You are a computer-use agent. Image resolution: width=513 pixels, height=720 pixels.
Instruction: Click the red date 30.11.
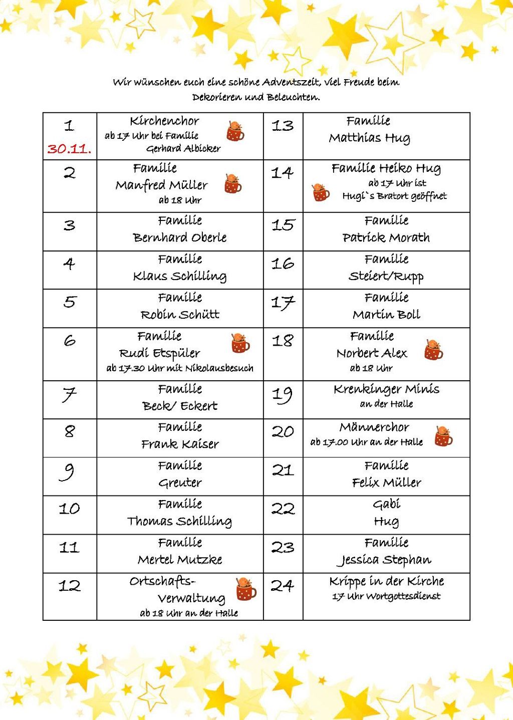coord(69,149)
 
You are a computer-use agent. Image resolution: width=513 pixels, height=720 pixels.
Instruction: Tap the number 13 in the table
coord(283,126)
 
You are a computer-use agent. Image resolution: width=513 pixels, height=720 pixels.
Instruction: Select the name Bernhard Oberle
coord(180,237)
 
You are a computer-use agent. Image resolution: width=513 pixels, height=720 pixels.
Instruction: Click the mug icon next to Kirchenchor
coord(235,131)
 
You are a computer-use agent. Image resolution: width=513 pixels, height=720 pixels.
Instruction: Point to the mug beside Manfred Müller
coord(233,184)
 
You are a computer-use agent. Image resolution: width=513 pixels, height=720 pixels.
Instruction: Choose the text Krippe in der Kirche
coord(386,581)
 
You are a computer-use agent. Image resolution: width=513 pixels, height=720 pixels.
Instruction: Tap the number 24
coord(283,586)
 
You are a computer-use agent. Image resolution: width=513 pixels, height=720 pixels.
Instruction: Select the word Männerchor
coord(374,427)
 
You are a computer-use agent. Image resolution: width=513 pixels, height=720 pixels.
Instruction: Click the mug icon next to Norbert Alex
coord(433,350)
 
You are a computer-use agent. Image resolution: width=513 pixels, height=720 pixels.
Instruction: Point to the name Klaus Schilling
coord(180,276)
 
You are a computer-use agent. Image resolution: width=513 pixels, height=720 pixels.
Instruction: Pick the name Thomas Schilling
coord(179,521)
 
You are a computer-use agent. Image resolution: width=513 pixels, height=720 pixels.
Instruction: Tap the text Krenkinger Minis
coord(386,389)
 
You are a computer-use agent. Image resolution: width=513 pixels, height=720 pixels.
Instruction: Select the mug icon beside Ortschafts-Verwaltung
coord(246,588)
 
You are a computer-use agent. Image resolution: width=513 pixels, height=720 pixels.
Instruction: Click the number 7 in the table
coord(69,395)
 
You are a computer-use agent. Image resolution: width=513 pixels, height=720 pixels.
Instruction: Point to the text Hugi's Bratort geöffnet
coord(394,196)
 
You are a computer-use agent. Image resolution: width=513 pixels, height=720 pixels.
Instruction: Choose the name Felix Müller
coord(386,483)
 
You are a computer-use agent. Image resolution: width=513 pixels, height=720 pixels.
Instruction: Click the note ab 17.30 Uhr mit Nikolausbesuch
coord(180,368)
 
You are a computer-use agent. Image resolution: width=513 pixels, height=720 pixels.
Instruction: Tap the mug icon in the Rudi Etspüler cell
coord(240,343)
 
